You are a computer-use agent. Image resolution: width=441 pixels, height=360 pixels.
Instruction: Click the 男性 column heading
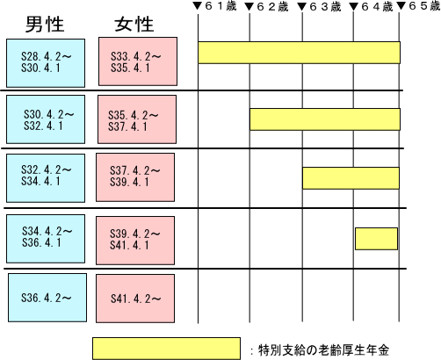click(x=45, y=24)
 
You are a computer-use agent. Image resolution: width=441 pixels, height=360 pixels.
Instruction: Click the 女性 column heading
click(x=134, y=24)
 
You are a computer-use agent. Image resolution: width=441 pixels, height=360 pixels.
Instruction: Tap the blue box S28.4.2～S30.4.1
click(x=46, y=63)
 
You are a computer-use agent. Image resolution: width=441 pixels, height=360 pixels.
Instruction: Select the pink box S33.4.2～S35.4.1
click(x=138, y=61)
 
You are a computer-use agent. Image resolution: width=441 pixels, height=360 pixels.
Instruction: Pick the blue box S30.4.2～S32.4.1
click(x=46, y=119)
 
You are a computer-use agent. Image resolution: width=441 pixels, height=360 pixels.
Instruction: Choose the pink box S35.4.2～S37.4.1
click(x=137, y=119)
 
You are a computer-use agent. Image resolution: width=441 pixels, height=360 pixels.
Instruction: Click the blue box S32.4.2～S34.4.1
click(x=46, y=178)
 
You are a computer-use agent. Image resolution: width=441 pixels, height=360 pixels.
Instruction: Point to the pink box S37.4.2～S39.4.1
click(x=135, y=177)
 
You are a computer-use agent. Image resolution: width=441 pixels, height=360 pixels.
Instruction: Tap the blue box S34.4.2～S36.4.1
click(x=46, y=239)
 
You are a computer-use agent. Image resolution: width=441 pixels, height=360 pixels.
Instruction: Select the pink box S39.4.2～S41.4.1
click(x=135, y=241)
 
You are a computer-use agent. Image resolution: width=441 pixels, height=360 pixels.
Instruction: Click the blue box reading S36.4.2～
click(x=47, y=298)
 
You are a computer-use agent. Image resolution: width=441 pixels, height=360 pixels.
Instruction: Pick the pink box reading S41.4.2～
click(x=135, y=299)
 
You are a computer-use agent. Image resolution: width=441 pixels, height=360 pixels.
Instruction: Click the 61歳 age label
click(x=220, y=6)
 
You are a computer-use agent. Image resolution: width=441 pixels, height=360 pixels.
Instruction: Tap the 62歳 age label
click(x=272, y=7)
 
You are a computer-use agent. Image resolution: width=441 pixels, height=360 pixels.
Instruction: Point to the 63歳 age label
click(x=325, y=7)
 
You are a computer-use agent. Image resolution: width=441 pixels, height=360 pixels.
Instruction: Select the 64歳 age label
click(x=377, y=7)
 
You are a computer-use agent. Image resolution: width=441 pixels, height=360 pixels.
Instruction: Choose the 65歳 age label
click(x=424, y=6)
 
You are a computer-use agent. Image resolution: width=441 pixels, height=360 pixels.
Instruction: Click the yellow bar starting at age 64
click(x=377, y=239)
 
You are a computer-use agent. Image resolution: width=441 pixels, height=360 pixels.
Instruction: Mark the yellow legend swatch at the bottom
click(x=166, y=349)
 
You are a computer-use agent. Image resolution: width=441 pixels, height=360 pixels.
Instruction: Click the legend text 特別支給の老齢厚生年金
click(x=323, y=350)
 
